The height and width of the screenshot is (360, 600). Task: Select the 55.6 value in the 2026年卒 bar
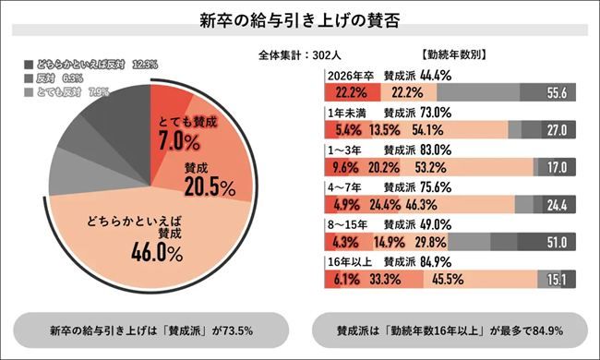[x=556, y=93]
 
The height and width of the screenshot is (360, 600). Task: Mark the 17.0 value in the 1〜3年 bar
[x=557, y=167]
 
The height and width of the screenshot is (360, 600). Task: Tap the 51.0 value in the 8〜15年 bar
[x=557, y=241]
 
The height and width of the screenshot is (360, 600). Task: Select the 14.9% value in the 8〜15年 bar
[x=390, y=241]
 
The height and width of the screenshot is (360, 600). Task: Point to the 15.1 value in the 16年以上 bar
[x=558, y=278]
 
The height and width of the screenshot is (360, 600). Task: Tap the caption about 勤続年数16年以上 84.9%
[x=450, y=329]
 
